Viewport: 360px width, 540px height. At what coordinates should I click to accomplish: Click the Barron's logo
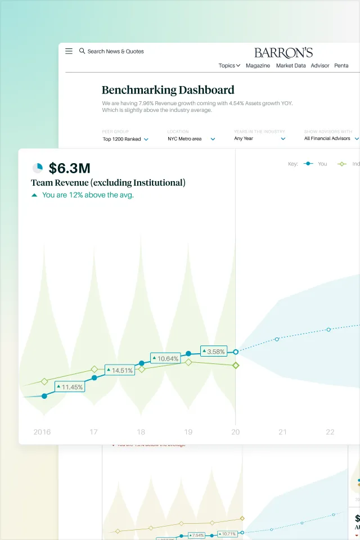pos(283,53)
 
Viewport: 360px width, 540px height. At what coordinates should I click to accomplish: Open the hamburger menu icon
pos(69,51)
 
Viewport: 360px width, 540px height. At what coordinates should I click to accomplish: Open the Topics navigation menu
pos(229,66)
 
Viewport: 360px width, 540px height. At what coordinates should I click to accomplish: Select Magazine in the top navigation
pos(258,66)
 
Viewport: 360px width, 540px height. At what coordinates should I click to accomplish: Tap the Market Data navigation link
pos(291,66)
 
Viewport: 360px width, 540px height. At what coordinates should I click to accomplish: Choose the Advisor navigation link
pos(320,66)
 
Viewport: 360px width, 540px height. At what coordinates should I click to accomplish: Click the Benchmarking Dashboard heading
pos(168,90)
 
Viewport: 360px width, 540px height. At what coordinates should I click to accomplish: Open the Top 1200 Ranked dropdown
pos(125,139)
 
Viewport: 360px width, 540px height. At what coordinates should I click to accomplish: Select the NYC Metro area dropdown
pos(191,139)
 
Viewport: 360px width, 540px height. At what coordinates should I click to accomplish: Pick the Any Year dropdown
pos(260,139)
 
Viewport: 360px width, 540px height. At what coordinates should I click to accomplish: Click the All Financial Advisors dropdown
pos(331,138)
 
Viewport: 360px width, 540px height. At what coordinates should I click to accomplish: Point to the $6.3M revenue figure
pos(69,168)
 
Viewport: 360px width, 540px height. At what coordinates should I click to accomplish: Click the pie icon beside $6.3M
pos(38,168)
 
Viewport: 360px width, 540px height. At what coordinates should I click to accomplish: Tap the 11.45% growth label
pos(70,387)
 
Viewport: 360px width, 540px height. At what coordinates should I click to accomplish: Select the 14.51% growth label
pos(119,371)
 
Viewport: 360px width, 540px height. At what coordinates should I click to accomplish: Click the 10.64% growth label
pos(165,358)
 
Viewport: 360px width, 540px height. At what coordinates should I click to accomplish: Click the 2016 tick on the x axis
pos(42,432)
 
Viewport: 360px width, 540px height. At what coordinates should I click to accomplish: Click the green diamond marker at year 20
pos(236,366)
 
